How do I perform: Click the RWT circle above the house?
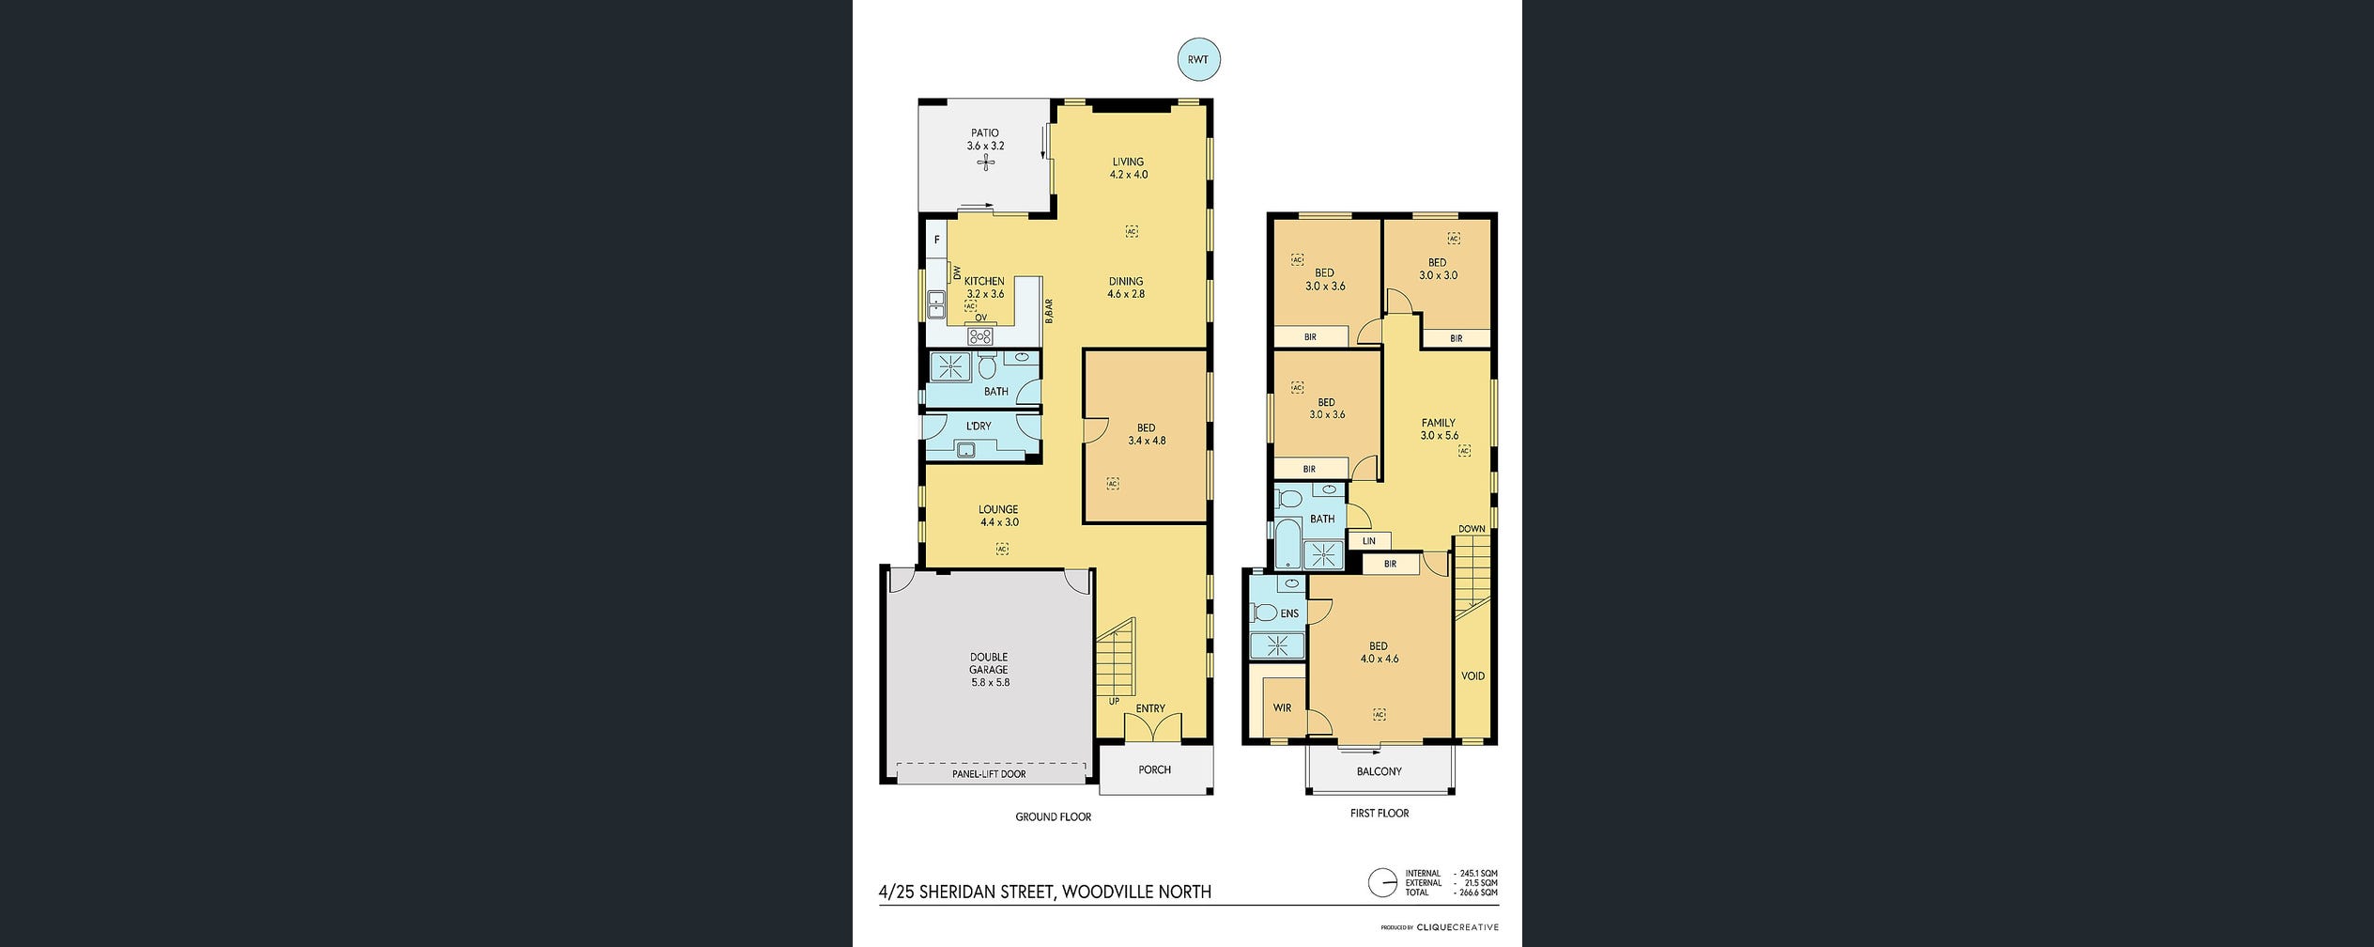[1198, 60]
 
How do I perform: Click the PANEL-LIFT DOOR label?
[988, 774]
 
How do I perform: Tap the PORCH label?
[1154, 769]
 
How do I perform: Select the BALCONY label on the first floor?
[1379, 771]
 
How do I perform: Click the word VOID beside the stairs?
[1472, 676]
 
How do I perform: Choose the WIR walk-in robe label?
[1282, 708]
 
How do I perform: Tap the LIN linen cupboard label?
[1368, 541]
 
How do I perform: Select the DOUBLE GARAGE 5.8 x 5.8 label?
[990, 670]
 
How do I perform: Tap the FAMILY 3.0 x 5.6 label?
[1439, 429]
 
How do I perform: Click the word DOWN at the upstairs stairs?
[1472, 529]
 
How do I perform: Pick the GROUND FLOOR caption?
[1053, 817]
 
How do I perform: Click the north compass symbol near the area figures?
[1382, 883]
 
